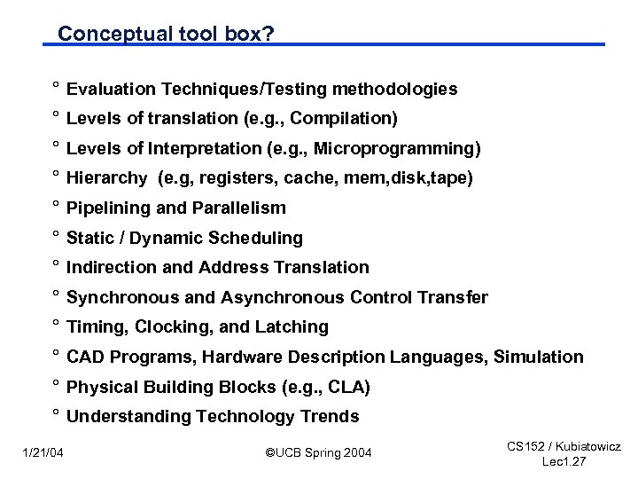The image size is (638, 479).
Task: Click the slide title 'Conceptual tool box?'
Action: click(166, 33)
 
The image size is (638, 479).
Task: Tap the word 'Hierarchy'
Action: click(106, 178)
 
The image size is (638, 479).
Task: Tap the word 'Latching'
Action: click(292, 327)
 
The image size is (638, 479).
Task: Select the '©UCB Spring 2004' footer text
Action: click(319, 454)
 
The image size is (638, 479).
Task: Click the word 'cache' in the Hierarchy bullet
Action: click(313, 178)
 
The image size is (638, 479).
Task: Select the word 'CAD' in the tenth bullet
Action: click(85, 357)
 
